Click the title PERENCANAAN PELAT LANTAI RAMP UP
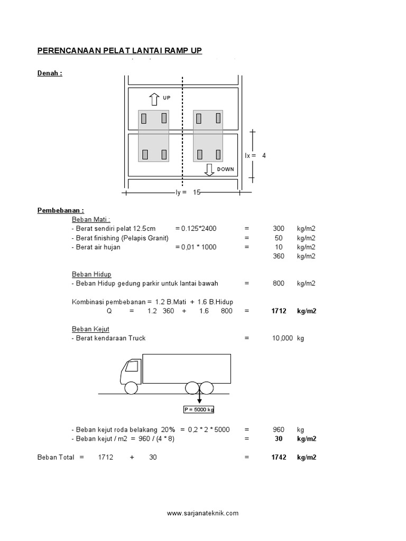pyautogui.click(x=119, y=51)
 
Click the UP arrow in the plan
pyautogui.click(x=154, y=99)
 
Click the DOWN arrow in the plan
pyautogui.click(x=209, y=170)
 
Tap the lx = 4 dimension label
pyautogui.click(x=255, y=156)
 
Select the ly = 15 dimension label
pyautogui.click(x=189, y=193)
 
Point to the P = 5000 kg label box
pyautogui.click(x=199, y=409)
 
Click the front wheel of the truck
pyautogui.click(x=131, y=388)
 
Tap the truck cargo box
pyautogui.click(x=187, y=368)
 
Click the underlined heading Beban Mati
pyautogui.click(x=91, y=219)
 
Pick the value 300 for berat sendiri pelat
pyautogui.click(x=278, y=228)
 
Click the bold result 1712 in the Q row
pyautogui.click(x=278, y=311)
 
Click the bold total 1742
pyautogui.click(x=278, y=458)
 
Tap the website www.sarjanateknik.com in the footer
pyautogui.click(x=202, y=513)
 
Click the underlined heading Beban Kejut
pyautogui.click(x=90, y=329)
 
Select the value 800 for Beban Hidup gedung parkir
pyautogui.click(x=278, y=283)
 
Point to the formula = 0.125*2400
pyautogui.click(x=196, y=228)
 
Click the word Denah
pyautogui.click(x=50, y=73)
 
